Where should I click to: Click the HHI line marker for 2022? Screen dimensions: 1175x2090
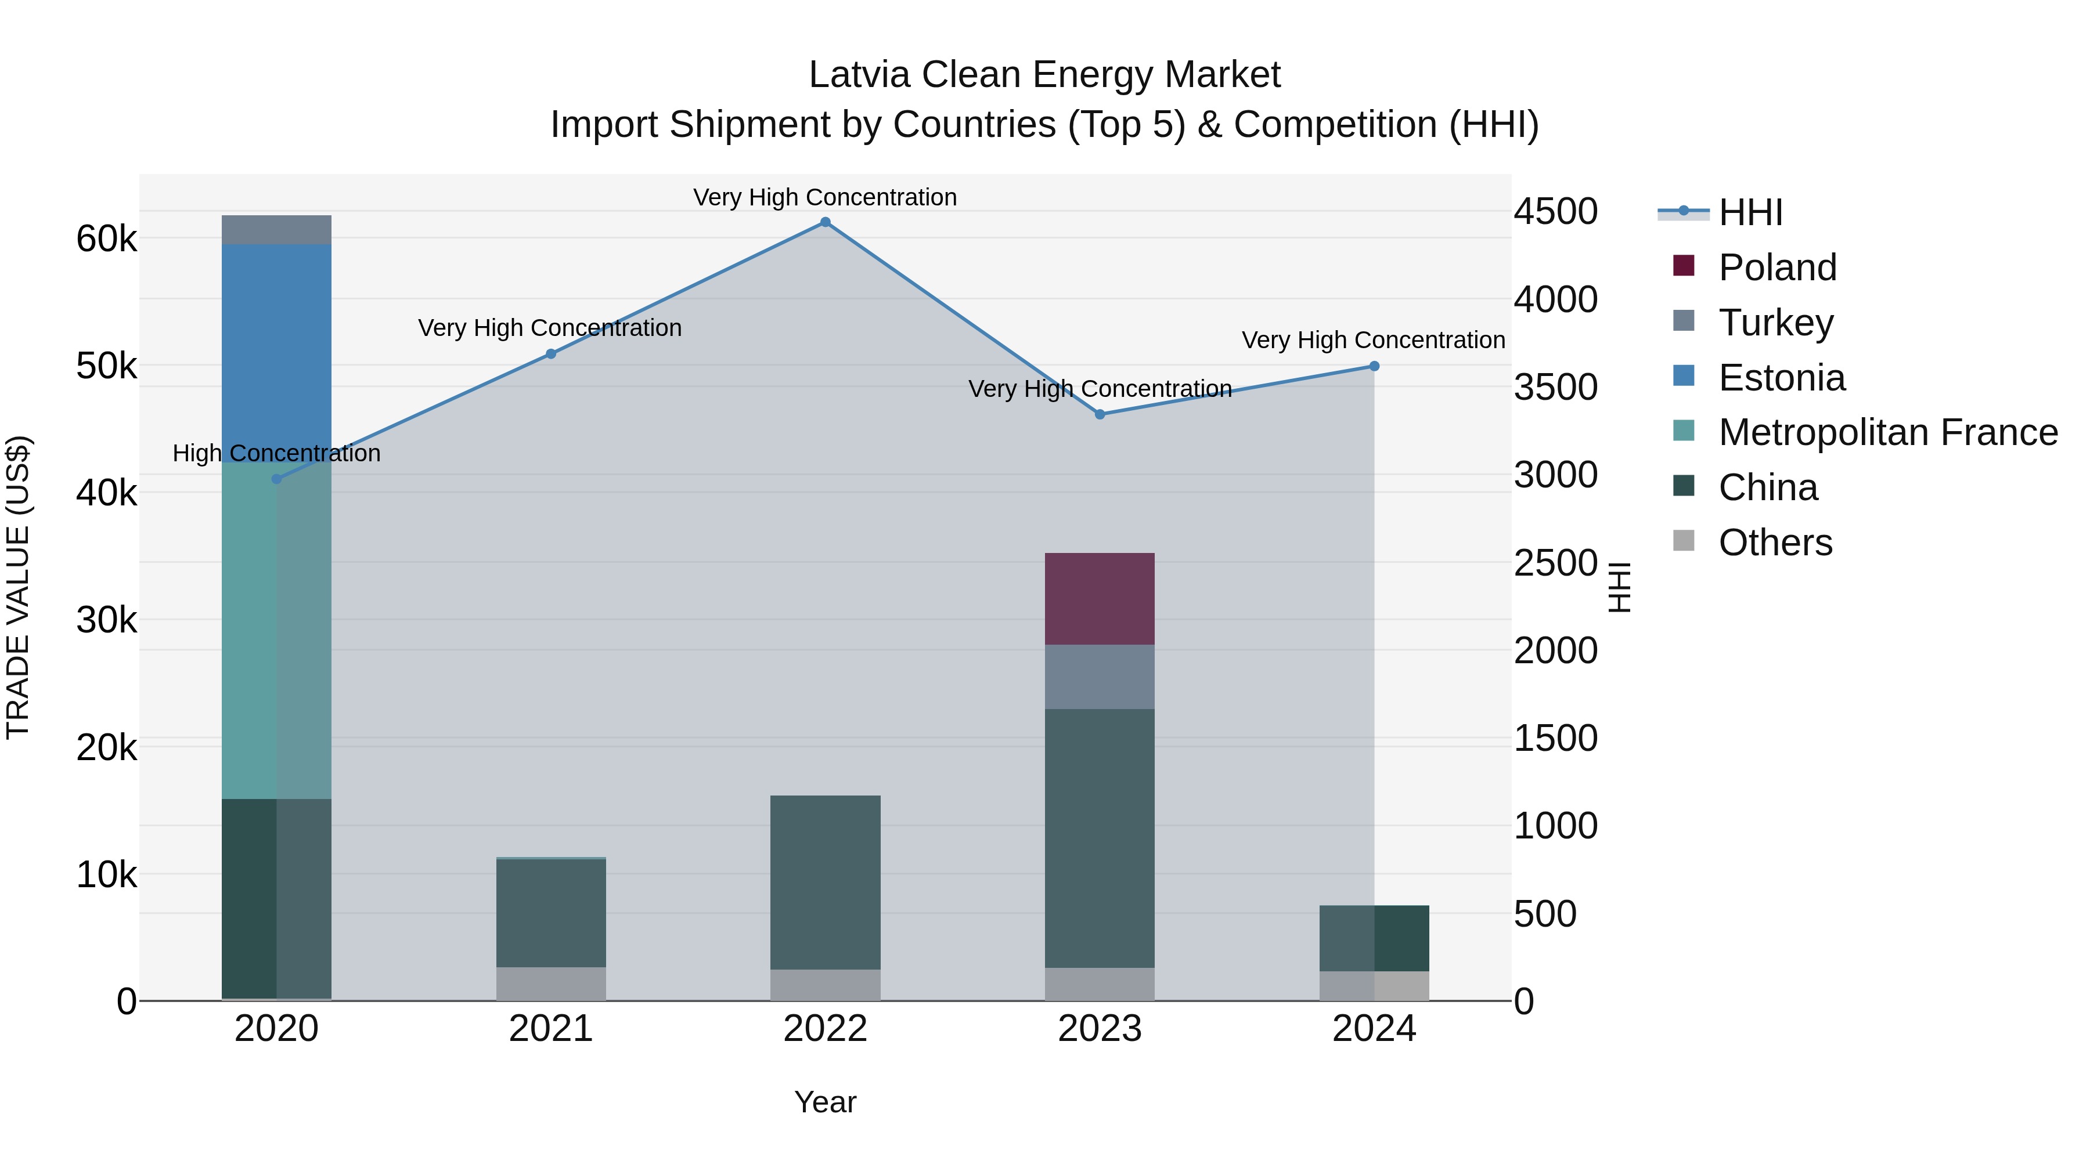pos(825,222)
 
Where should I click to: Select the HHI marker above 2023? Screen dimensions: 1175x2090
pos(1100,414)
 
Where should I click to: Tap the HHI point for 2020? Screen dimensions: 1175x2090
pos(277,479)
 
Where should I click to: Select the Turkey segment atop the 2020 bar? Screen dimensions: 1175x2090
pos(277,229)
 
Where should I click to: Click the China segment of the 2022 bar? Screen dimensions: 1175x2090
pos(825,882)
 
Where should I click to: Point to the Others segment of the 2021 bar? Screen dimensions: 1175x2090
pos(551,984)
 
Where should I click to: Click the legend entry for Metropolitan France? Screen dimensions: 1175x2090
pos(1887,432)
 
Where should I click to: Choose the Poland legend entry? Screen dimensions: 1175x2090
pos(1777,267)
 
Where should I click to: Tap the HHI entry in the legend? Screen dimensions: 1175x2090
pos(1750,212)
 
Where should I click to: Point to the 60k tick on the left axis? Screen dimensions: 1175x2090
pos(106,239)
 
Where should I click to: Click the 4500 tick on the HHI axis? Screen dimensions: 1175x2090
pos(1555,212)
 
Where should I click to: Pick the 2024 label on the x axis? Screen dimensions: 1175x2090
pos(1374,1029)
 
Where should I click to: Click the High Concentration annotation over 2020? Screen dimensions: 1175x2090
pos(277,453)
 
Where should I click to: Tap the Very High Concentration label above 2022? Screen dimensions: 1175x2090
pos(825,197)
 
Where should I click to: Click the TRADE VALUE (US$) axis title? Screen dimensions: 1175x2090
pos(18,587)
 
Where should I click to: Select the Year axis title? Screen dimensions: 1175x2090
pos(825,1102)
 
